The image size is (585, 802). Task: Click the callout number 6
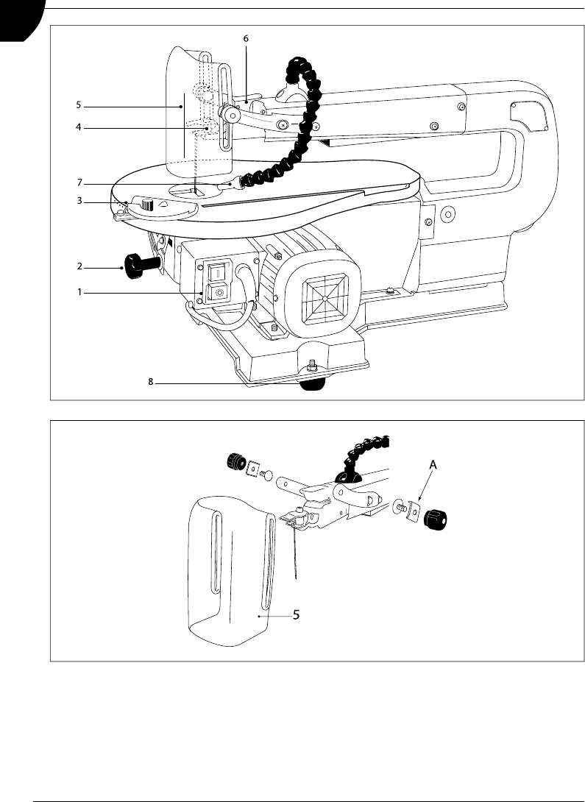pyautogui.click(x=246, y=38)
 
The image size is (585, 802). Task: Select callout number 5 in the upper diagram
pyautogui.click(x=78, y=105)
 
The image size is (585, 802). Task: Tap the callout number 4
pyautogui.click(x=79, y=127)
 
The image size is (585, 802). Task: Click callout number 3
pyautogui.click(x=79, y=201)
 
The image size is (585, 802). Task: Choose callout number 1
pyautogui.click(x=79, y=292)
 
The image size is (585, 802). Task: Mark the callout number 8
pyautogui.click(x=151, y=382)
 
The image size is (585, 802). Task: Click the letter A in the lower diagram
pyautogui.click(x=433, y=465)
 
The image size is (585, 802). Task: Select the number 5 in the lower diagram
pyautogui.click(x=296, y=615)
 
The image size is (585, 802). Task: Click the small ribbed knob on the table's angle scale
pyautogui.click(x=147, y=205)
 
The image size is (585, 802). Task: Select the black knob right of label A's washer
pyautogui.click(x=436, y=519)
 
